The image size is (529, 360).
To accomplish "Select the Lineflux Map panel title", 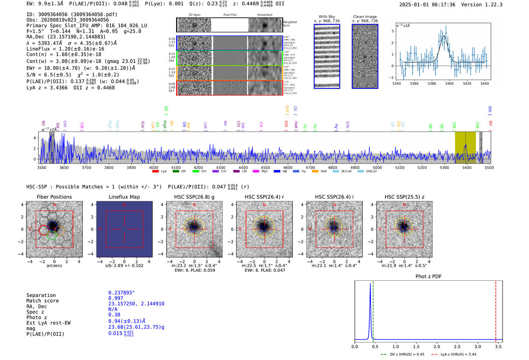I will pyautogui.click(x=124, y=197).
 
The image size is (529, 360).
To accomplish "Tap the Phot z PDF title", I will pyautogui.click(x=428, y=277).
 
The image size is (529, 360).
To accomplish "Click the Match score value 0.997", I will pyautogui.click(x=116, y=298).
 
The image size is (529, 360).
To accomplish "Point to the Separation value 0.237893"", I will pyautogui.click(x=121, y=293).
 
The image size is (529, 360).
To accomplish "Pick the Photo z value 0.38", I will pyautogui.click(x=114, y=315).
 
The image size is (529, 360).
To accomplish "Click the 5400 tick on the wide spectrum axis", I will pyautogui.click(x=467, y=167).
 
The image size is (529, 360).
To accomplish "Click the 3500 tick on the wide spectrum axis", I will pyautogui.click(x=42, y=167).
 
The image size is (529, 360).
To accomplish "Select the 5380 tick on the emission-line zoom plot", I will pyautogui.click(x=432, y=83).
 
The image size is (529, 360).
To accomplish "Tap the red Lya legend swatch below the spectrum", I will pyautogui.click(x=155, y=172).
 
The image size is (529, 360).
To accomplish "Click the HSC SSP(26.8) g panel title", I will pyautogui.click(x=194, y=197).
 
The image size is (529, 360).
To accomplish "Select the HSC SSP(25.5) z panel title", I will pyautogui.click(x=404, y=197).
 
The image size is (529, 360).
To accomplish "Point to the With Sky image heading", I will pyautogui.click(x=327, y=17).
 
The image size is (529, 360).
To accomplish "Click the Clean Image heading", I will pyautogui.click(x=365, y=17).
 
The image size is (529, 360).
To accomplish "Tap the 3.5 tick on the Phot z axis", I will pyautogui.click(x=498, y=346).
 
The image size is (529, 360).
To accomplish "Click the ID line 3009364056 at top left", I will pyautogui.click(x=72, y=14).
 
